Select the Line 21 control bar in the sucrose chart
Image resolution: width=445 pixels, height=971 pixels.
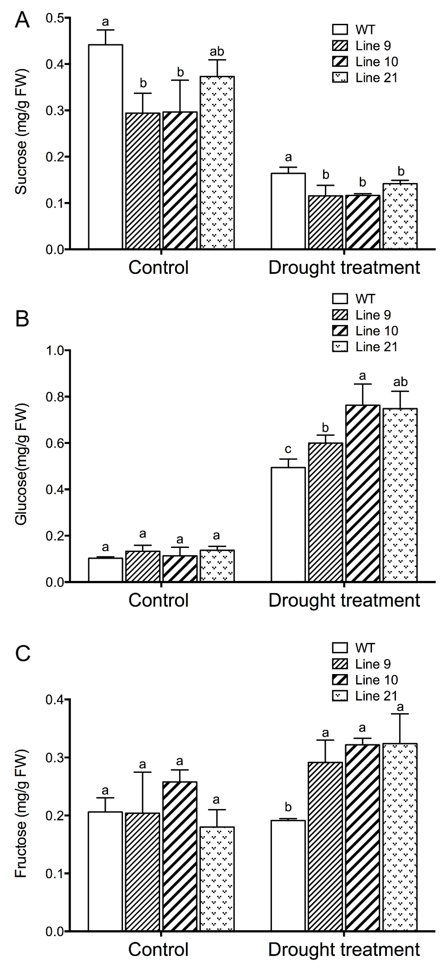click(217, 162)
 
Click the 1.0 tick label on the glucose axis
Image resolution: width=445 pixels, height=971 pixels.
click(55, 351)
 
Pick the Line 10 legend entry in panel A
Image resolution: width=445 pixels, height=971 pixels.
click(365, 61)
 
